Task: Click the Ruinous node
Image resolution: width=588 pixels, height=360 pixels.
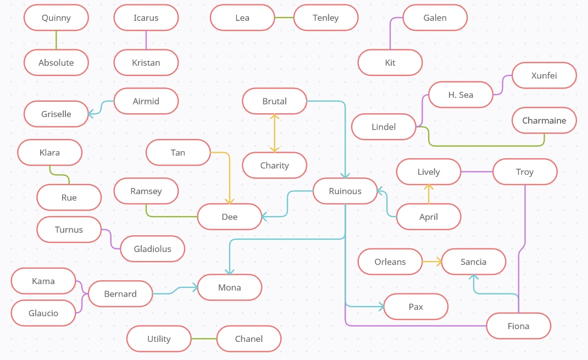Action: [345, 191]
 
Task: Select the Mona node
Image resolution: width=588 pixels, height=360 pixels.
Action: [229, 287]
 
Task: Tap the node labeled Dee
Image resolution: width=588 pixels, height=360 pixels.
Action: [229, 217]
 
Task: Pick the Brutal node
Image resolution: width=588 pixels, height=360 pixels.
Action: [274, 101]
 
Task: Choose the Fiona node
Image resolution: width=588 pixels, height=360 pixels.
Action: [518, 326]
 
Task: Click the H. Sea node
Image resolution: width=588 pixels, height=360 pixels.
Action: [461, 95]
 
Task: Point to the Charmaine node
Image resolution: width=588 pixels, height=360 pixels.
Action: [544, 120]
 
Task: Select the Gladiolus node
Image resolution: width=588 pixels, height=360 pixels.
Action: [152, 249]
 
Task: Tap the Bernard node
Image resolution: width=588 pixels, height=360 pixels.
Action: [120, 294]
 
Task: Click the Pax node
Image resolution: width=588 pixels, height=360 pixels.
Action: [415, 307]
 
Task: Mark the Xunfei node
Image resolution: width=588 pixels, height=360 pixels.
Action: [544, 75]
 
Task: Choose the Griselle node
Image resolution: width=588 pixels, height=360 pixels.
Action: [56, 114]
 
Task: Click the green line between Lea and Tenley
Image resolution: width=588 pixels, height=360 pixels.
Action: [284, 18]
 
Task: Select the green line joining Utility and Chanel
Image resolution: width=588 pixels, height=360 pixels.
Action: [204, 339]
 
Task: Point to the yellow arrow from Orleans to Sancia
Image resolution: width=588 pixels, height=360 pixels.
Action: [432, 262]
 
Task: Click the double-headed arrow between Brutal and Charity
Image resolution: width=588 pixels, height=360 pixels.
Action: [274, 133]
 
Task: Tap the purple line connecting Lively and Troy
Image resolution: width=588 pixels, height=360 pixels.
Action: [476, 172]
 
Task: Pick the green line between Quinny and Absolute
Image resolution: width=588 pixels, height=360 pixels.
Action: [56, 40]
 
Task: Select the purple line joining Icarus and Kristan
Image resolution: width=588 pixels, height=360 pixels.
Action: [146, 40]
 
